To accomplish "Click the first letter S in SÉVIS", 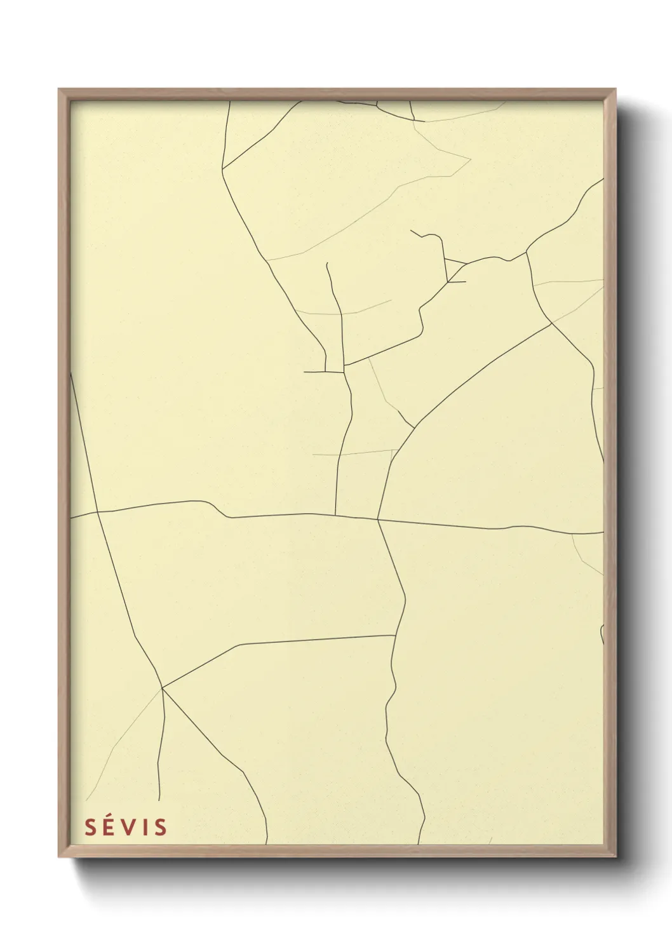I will pos(91,827).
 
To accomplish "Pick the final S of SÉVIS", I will pos(160,827).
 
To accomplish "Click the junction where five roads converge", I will pos(163,688).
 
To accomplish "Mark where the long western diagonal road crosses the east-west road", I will pos(98,511).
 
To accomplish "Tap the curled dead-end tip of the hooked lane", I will pos(411,230).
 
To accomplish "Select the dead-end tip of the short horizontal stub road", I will pos(304,372).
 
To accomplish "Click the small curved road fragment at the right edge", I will pos(601,634).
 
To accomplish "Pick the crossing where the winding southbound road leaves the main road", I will pos(378,520).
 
